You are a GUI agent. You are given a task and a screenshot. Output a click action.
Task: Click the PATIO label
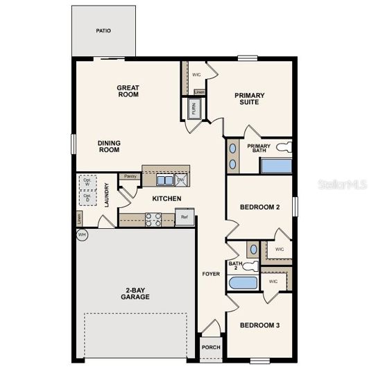coord(103,31)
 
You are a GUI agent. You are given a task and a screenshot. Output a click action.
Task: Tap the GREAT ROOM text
coord(128,91)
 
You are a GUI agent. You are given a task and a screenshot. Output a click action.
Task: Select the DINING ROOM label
coord(109,146)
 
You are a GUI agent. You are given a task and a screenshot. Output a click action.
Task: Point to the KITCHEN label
coord(166,199)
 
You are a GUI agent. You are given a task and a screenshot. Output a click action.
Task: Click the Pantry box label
coord(130,177)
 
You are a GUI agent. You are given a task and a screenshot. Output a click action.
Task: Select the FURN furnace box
coord(194,108)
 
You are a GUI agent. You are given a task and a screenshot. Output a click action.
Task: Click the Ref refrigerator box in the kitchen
coord(184,217)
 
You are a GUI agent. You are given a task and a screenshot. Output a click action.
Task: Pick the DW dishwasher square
coord(181,180)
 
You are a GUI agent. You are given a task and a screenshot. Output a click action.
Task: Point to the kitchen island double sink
coord(165,180)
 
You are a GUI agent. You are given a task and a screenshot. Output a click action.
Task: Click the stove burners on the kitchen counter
coord(153,220)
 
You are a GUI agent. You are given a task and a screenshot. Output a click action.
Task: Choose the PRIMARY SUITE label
coord(250,98)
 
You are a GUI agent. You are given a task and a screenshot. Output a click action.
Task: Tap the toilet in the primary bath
coord(284,146)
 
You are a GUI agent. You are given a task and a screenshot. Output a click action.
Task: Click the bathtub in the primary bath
coord(275,165)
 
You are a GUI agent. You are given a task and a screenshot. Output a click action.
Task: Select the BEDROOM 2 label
coord(259,207)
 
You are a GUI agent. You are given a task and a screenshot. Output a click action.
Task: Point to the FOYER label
coord(211,274)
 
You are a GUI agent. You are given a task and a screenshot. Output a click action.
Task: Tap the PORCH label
coord(210,347)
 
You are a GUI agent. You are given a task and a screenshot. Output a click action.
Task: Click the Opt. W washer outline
coord(87,182)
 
